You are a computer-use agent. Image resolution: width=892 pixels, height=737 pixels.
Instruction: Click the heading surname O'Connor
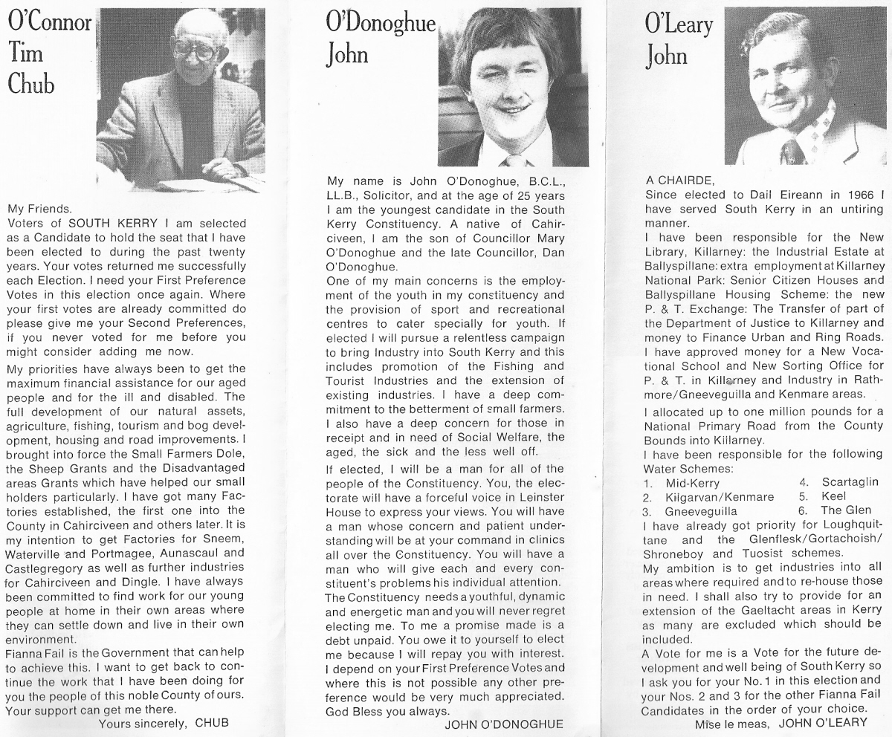[48, 22]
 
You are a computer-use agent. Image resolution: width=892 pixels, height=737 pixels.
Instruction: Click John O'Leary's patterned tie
[791, 151]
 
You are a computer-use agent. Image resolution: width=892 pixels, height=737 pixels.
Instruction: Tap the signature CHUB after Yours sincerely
[211, 722]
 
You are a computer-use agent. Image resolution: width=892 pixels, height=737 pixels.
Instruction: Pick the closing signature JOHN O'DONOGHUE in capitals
[503, 724]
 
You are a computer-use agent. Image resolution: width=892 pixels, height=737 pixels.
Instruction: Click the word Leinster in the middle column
[540, 496]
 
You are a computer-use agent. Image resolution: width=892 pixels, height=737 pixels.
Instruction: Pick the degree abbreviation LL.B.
[344, 195]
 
